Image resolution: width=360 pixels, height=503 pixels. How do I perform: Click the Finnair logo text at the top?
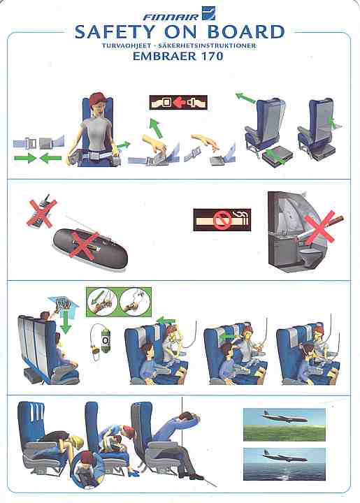pyautogui.click(x=171, y=17)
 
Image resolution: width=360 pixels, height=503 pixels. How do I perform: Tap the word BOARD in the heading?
pyautogui.click(x=246, y=32)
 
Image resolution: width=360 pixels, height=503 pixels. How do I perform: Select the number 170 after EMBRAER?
pyautogui.click(x=211, y=57)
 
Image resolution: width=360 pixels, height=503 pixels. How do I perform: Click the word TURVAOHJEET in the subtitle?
pyautogui.click(x=127, y=45)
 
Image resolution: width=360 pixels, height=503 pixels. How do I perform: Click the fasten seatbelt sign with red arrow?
pyautogui.click(x=178, y=103)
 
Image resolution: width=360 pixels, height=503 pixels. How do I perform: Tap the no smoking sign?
pyautogui.click(x=222, y=220)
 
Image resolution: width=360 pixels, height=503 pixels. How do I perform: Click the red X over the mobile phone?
pyautogui.click(x=42, y=212)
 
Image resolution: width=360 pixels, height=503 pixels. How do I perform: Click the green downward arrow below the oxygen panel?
pyautogui.click(x=66, y=322)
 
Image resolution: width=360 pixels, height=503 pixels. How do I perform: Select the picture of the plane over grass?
pyautogui.click(x=285, y=425)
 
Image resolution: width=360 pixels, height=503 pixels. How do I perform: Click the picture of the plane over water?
pyautogui.click(x=285, y=464)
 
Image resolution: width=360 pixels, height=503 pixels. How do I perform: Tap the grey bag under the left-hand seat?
pyautogui.click(x=278, y=156)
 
